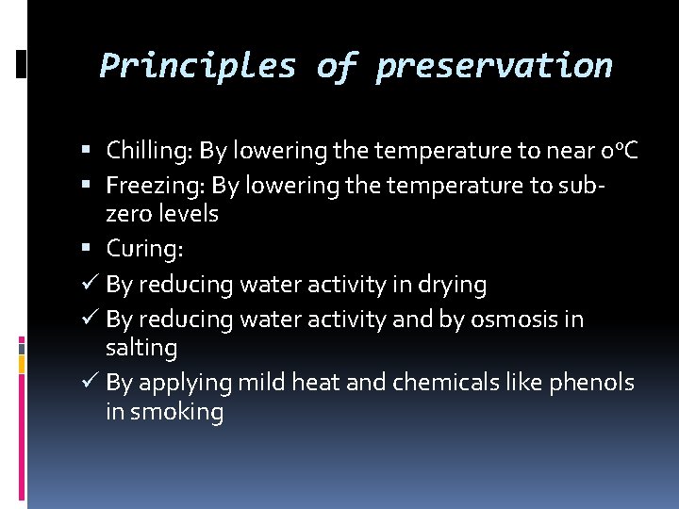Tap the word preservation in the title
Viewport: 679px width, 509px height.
tap(493, 66)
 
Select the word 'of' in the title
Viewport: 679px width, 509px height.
tap(335, 66)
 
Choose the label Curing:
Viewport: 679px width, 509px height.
tap(143, 249)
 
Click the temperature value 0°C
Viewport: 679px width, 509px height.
tap(619, 151)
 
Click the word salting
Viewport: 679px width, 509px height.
tap(141, 348)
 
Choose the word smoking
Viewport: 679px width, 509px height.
tap(176, 413)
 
